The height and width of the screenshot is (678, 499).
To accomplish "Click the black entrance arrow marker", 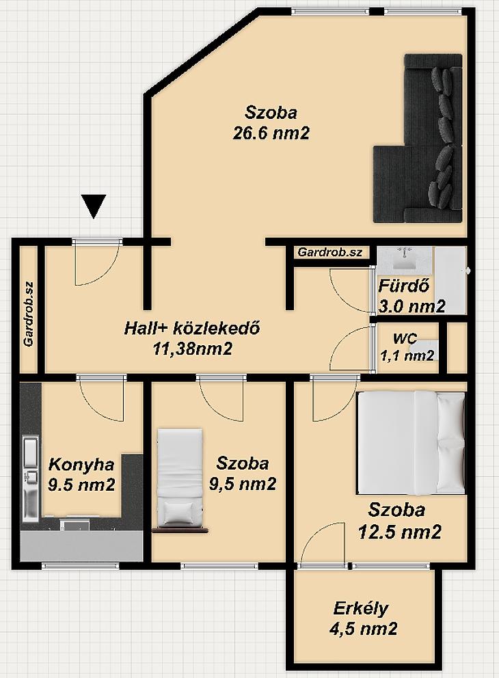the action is pos(94,206).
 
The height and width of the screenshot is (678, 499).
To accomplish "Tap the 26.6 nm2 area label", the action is pos(271,133).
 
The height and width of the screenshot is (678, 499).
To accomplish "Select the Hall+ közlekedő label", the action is pos(192,328).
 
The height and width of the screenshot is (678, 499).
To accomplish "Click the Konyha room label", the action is pos(81,464).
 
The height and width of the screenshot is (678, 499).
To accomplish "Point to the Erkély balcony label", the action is pos(361,608).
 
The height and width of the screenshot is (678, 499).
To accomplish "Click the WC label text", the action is pos(405,338).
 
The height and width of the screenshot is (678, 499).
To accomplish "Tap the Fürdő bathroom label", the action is pos(404,286).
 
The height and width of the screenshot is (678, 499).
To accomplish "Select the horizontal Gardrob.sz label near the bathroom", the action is pos(330,252).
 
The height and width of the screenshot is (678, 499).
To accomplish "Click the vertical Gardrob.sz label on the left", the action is pos(29,314).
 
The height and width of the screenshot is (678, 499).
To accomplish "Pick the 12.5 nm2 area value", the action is pos(400,532).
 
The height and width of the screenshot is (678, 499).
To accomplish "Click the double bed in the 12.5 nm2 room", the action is pos(411,443).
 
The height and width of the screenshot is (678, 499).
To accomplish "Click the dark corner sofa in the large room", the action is pos(418,138).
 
